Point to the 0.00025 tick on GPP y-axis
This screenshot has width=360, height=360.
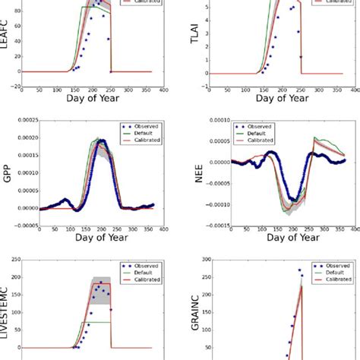[x=30, y=122]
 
